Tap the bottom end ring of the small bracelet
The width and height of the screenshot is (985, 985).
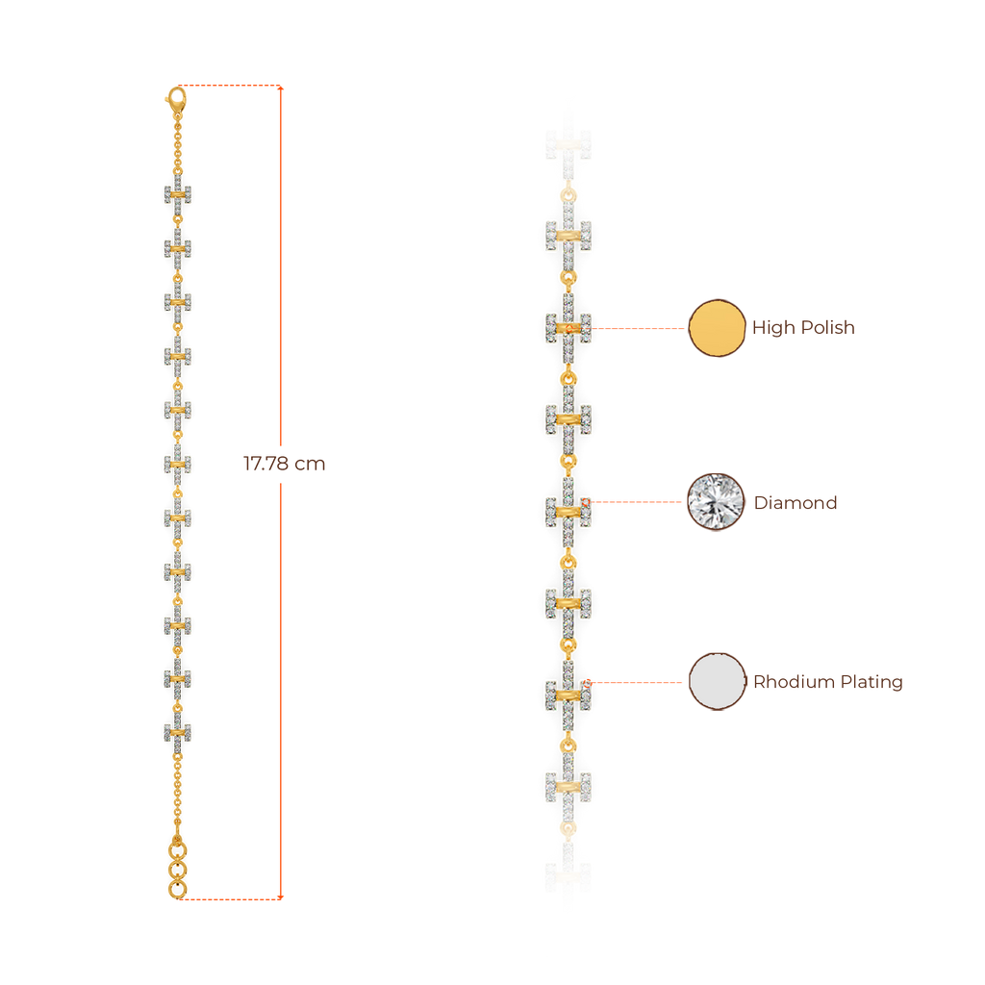click(177, 890)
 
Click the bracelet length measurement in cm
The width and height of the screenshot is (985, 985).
click(284, 464)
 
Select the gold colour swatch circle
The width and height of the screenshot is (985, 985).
click(718, 329)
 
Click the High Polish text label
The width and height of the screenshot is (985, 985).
click(803, 329)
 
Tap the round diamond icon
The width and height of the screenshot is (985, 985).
click(717, 502)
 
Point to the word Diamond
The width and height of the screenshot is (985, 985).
click(795, 502)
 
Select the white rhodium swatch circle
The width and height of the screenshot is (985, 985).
click(718, 682)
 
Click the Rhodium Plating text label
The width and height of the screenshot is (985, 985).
click(827, 682)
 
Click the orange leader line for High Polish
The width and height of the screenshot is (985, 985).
click(640, 329)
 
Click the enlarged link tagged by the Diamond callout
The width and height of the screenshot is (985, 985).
click(568, 510)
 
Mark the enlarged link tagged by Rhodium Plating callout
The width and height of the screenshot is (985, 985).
click(568, 693)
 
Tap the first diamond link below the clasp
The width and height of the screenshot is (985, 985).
click(178, 194)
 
